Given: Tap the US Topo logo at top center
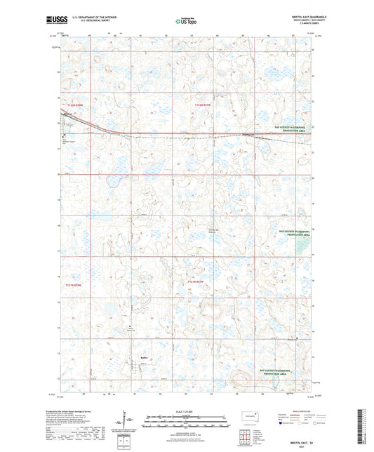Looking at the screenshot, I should click(x=186, y=21).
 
